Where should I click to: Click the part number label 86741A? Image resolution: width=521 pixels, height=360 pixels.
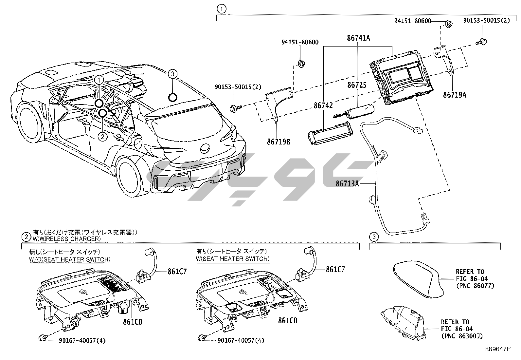358,38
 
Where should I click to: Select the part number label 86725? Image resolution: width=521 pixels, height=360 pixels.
357,85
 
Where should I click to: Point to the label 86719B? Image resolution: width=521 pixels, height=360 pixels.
278,142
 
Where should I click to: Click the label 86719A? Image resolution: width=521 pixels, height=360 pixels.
455,95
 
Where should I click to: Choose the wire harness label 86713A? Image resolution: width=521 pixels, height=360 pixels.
347,184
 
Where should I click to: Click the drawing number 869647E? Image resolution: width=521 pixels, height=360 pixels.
497,350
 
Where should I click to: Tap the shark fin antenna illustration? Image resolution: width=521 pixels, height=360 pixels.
417,280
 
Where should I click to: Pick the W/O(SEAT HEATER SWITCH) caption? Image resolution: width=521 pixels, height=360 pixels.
70,259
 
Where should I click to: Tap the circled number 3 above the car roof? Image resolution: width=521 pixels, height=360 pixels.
173,74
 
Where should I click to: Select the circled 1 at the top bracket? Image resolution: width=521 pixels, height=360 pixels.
222,9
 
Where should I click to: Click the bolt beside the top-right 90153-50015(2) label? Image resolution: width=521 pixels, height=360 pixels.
481,42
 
